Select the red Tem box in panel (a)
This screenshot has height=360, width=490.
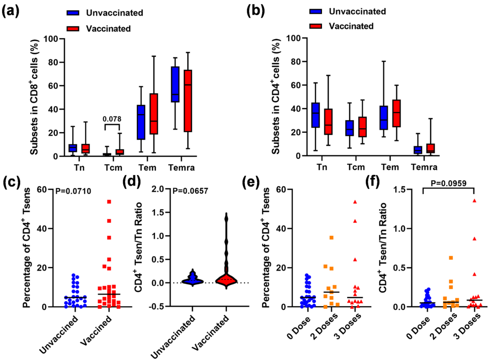(x=154, y=114)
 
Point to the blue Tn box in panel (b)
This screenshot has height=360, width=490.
(x=315, y=115)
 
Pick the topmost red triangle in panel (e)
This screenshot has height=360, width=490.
(x=355, y=202)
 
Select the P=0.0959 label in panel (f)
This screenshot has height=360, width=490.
(x=449, y=183)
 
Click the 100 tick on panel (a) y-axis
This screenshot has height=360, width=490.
(x=52, y=38)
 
